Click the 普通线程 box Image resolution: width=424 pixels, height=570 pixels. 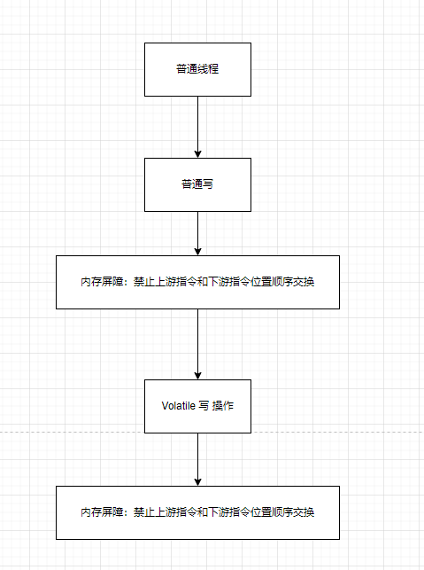[x=197, y=69]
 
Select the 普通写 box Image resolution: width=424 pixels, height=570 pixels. [x=197, y=184]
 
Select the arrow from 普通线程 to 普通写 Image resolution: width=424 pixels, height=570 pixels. [x=197, y=124]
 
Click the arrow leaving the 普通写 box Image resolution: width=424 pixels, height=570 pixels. [x=197, y=232]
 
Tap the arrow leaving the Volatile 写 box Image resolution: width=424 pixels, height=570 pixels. [x=197, y=458]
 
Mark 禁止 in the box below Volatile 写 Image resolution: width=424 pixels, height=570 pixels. [x=143, y=512]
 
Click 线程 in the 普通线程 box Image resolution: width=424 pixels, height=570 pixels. [x=208, y=69]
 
